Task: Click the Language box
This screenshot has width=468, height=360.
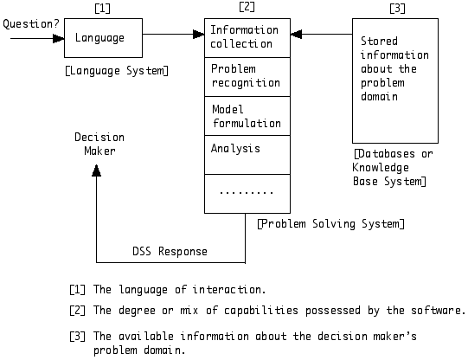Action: coord(103,38)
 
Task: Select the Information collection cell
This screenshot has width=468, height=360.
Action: coord(247,38)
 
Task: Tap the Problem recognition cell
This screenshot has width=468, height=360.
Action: coord(247,77)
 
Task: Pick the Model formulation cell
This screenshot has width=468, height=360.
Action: coord(247,116)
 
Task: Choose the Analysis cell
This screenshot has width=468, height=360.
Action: coord(247,155)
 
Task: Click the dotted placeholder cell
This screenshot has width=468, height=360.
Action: coord(247,194)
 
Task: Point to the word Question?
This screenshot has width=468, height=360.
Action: coord(31,24)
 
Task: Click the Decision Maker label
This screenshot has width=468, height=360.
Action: coord(99,145)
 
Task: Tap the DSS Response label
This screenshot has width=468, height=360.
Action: coord(170,251)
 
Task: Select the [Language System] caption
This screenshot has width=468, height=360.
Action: coord(117,71)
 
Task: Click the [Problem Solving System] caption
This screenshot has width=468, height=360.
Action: coord(330,224)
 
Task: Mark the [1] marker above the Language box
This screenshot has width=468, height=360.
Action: coord(102,8)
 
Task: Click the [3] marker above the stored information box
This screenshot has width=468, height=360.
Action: coord(398,8)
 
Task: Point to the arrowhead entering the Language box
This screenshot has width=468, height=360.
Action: coord(59,38)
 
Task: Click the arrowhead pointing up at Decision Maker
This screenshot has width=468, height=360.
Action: coord(96,170)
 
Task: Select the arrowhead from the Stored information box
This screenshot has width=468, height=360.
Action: coord(296,34)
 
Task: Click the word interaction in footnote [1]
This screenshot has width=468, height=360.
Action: coord(228,290)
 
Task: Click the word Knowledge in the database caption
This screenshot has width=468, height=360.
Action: coord(381,168)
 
